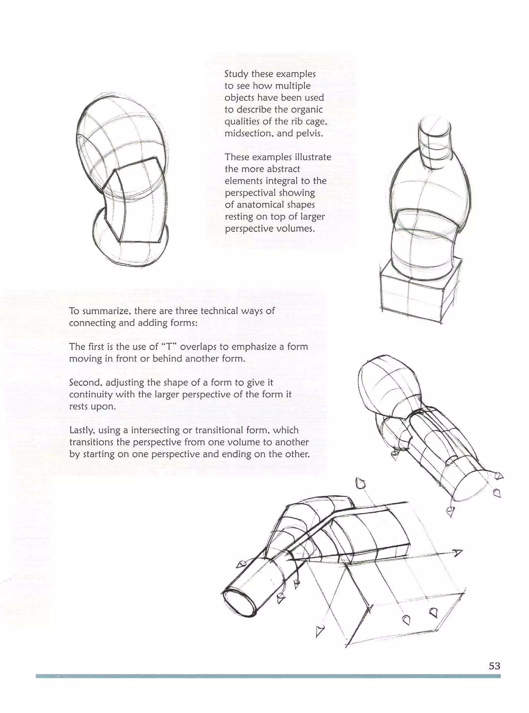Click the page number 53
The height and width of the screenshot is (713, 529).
click(494, 666)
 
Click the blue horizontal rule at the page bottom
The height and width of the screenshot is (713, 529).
click(268, 676)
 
